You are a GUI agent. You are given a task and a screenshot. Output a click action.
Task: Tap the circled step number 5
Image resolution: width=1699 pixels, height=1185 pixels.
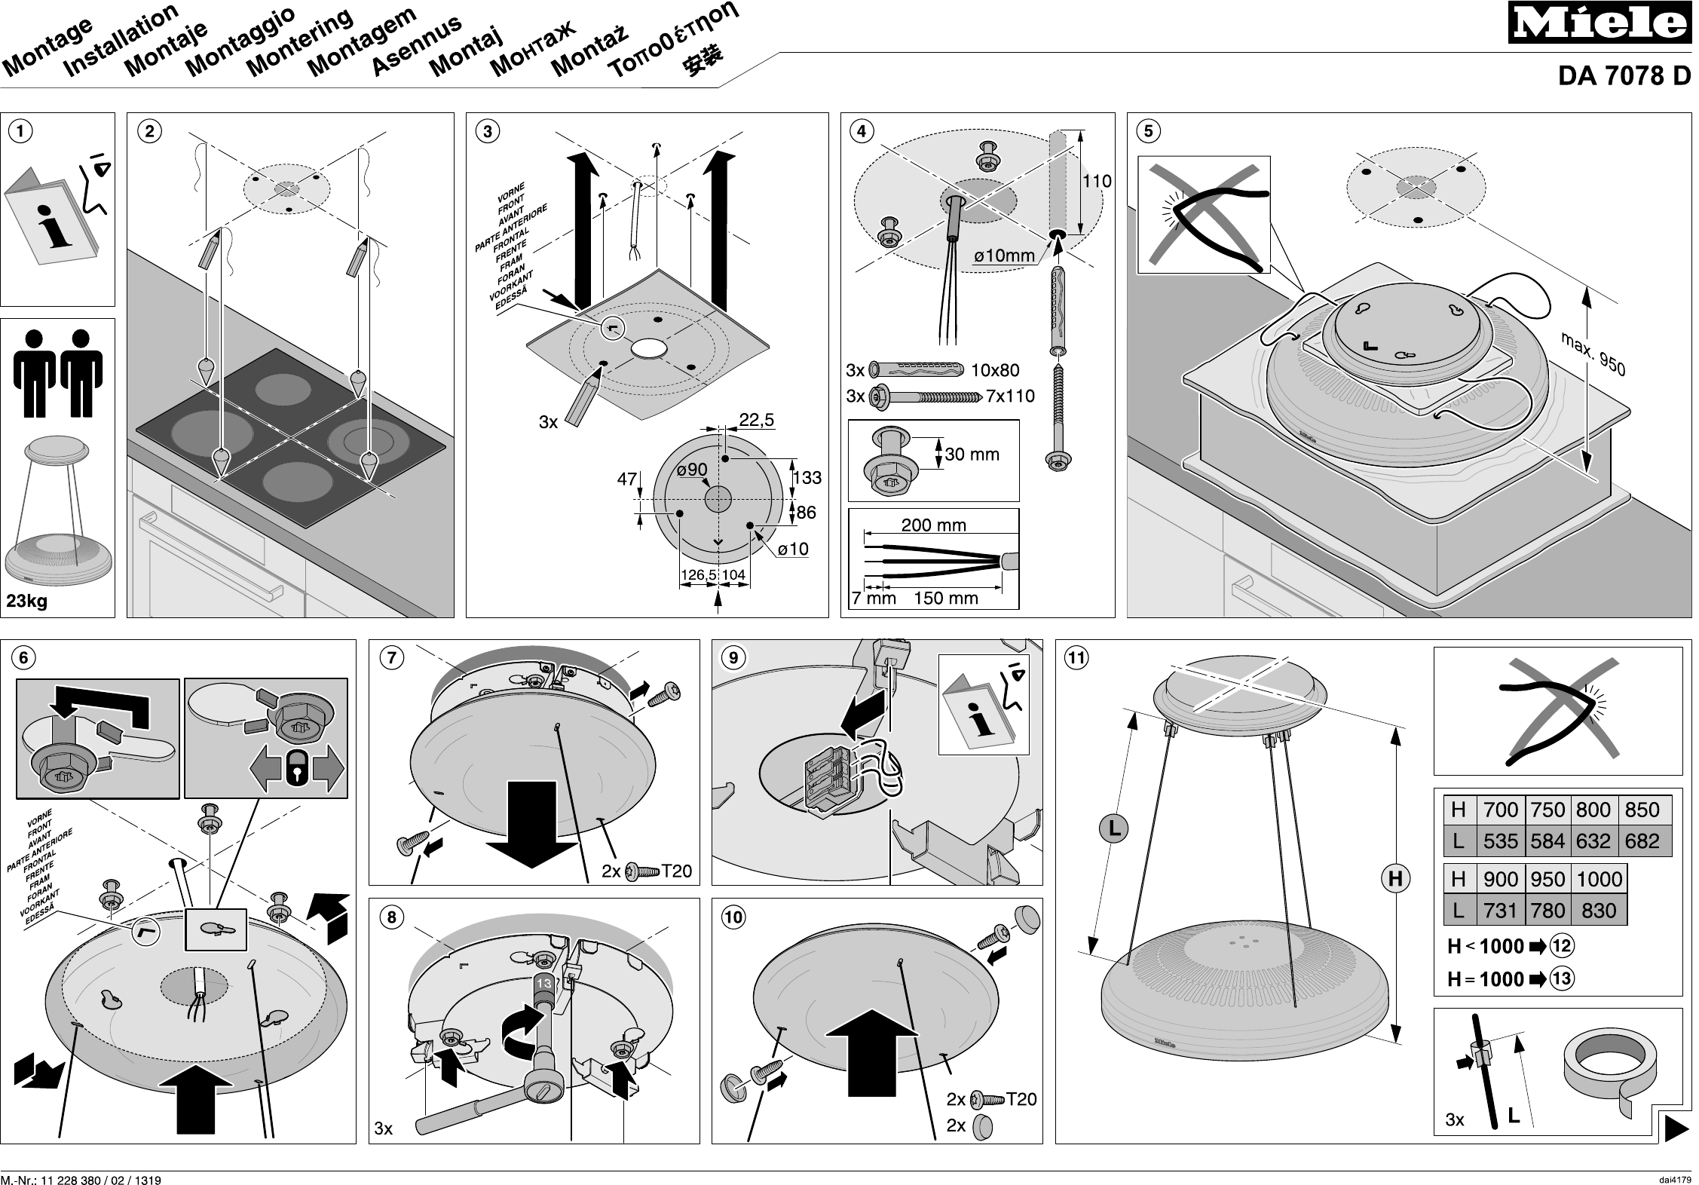point(1148,131)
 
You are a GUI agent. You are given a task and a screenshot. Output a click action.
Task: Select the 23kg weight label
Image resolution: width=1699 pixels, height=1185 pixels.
point(27,601)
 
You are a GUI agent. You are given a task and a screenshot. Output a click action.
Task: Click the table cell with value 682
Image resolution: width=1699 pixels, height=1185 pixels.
point(1642,841)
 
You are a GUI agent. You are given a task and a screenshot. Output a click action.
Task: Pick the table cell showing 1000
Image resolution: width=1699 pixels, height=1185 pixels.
point(1599,879)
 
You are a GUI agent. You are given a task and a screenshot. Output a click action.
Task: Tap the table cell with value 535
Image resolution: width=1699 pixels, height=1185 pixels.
point(1500,841)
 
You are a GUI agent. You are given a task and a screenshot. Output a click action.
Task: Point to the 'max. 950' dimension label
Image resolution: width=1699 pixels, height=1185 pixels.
point(1593,354)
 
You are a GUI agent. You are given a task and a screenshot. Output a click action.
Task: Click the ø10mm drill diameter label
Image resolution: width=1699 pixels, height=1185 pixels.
point(1004,256)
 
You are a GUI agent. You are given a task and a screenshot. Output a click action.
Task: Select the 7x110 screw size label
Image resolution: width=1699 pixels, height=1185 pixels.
point(1010,397)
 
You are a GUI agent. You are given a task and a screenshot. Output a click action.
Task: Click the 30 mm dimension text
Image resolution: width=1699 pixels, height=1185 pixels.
point(972,454)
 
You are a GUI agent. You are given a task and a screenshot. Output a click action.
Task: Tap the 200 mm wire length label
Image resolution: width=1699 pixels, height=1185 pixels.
point(933,525)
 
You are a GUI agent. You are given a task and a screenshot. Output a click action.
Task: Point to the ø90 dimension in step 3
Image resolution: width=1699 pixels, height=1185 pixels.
point(692,470)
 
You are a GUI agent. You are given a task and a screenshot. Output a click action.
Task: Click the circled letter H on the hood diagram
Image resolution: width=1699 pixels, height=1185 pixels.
point(1395,878)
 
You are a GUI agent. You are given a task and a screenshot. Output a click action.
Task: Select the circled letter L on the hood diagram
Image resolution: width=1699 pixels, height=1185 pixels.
point(1113,830)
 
